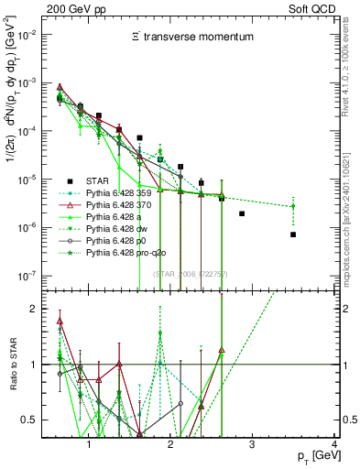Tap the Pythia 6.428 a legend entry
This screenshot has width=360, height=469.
tap(126, 221)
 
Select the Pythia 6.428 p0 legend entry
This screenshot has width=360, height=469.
tap(128, 246)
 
